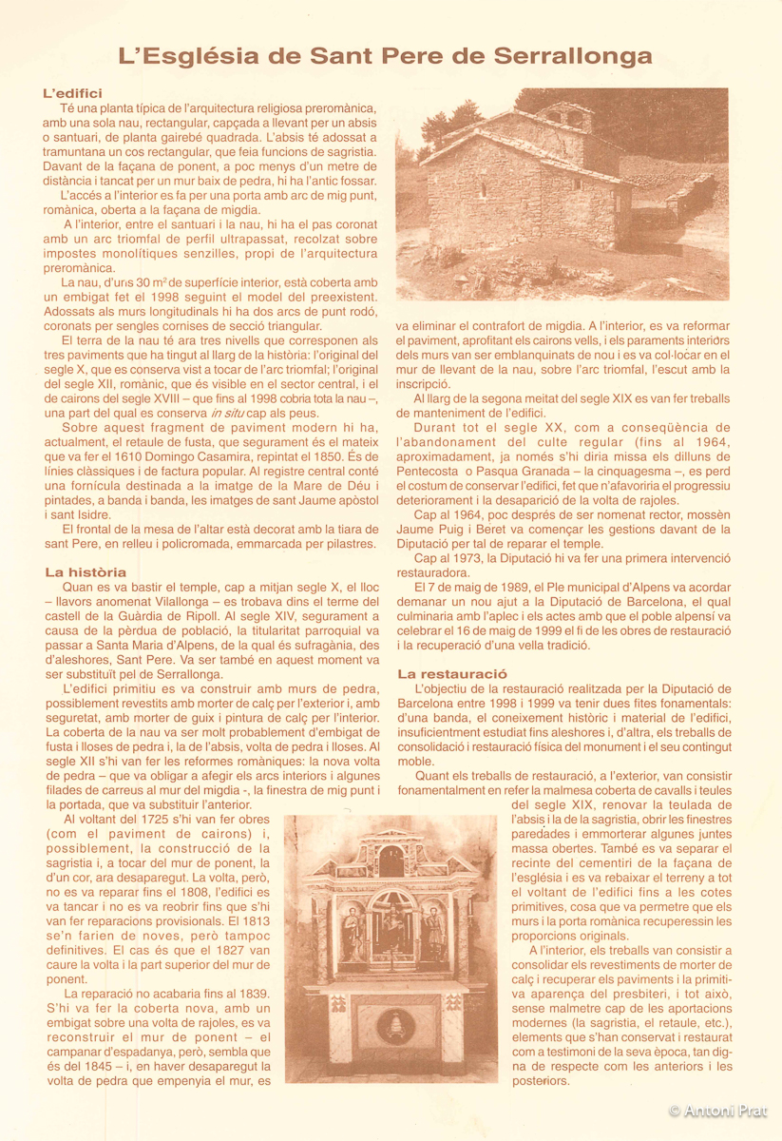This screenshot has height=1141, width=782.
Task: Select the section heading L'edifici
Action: (x=72, y=93)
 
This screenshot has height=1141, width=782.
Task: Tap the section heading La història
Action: (x=86, y=572)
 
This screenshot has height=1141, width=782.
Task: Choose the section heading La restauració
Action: (x=451, y=673)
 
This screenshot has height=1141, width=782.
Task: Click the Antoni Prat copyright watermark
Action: (x=717, y=1111)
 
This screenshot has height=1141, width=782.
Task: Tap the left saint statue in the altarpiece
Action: (x=352, y=932)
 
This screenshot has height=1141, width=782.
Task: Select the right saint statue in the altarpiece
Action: (x=434, y=932)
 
